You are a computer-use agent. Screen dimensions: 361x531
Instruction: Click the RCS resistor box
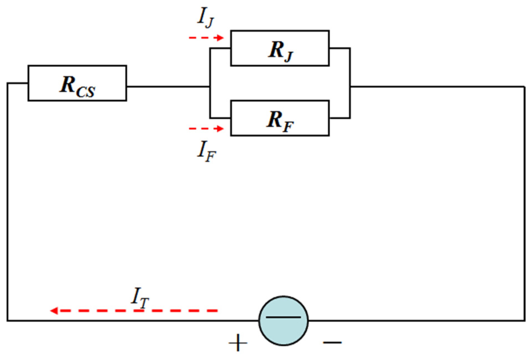click(x=77, y=83)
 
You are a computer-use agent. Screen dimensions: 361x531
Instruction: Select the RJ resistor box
click(x=280, y=48)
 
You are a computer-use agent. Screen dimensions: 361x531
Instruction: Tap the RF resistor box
click(x=280, y=118)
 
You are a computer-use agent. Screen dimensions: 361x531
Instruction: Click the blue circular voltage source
click(x=283, y=321)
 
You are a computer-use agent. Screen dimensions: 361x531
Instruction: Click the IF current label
click(x=206, y=151)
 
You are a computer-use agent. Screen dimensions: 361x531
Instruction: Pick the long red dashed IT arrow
click(x=138, y=311)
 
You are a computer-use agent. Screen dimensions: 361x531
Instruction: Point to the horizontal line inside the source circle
click(x=283, y=317)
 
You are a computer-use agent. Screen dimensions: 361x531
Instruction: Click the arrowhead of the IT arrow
click(x=54, y=311)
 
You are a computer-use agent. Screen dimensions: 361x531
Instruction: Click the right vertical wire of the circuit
click(x=524, y=204)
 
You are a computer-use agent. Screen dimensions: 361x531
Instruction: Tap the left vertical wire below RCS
click(x=7, y=204)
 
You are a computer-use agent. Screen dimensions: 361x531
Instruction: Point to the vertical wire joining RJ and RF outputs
click(x=350, y=83)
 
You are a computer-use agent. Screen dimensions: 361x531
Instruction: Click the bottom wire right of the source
click(x=414, y=321)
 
